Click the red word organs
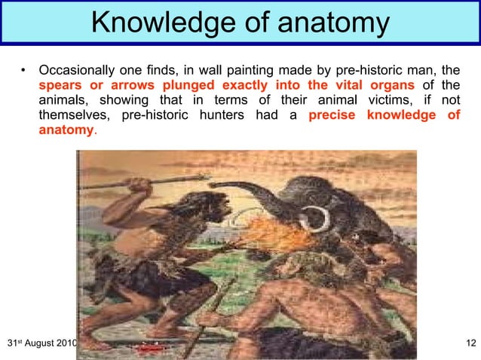[x=389, y=87]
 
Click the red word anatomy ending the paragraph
[x=66, y=130]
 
